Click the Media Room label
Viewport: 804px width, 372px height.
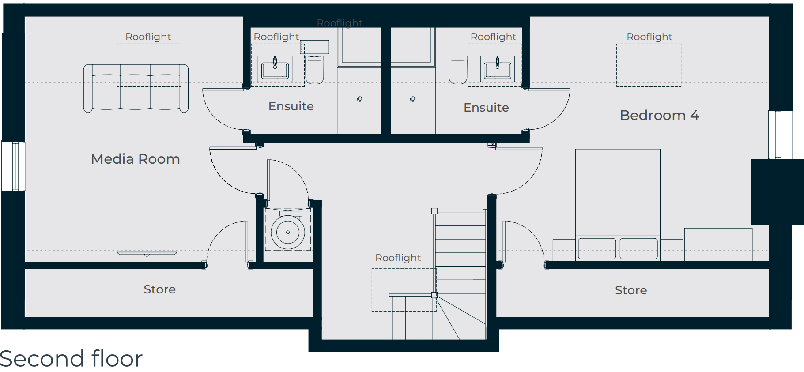point(136,159)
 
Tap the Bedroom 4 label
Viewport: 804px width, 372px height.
point(659,115)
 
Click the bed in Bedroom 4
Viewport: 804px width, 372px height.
point(618,205)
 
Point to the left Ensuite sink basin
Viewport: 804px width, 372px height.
point(275,70)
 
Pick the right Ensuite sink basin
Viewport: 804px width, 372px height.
point(498,70)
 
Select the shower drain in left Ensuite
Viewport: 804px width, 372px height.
point(360,99)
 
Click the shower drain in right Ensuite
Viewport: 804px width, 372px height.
point(413,99)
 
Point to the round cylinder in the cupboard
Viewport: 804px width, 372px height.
point(288,232)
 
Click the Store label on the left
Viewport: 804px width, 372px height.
point(159,289)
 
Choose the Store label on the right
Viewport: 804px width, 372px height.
point(631,290)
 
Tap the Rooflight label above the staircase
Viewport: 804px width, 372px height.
point(398,258)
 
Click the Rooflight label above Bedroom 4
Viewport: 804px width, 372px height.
point(649,37)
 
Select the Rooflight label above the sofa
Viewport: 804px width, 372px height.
point(148,37)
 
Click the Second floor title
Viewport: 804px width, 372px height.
point(71,358)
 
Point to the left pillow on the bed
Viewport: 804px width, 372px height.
point(596,248)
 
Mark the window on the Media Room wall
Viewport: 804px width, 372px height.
point(13,166)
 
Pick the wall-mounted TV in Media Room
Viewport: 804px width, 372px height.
point(147,253)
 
